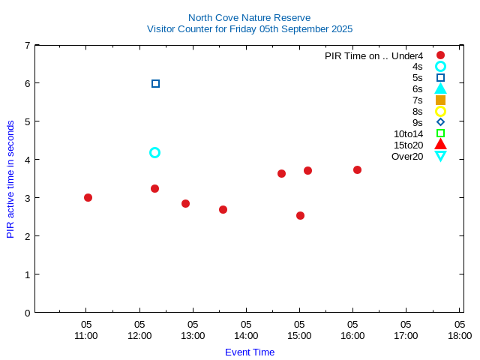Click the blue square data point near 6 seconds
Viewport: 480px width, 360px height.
(x=155, y=83)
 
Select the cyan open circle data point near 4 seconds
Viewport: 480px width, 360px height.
(x=154, y=152)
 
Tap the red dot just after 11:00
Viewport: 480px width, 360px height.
(x=88, y=197)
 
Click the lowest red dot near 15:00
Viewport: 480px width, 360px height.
(x=300, y=215)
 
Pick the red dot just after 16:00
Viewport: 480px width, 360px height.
(x=357, y=169)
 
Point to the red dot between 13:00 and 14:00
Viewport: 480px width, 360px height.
(x=223, y=209)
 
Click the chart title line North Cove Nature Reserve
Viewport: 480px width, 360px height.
(x=249, y=18)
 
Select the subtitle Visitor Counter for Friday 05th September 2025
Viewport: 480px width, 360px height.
(x=249, y=29)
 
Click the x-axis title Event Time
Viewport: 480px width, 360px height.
(x=249, y=352)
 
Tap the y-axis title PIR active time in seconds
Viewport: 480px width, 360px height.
(x=10, y=178)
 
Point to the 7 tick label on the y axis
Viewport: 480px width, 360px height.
(x=27, y=45)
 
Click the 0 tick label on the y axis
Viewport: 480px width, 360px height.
(x=27, y=312)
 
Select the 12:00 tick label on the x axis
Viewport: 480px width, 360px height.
(x=139, y=335)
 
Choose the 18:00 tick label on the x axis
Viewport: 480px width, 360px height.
(x=459, y=335)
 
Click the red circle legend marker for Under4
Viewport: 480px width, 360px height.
(x=440, y=55)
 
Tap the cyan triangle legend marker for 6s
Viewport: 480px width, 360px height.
(x=440, y=88)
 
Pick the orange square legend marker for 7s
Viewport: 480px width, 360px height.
(x=440, y=100)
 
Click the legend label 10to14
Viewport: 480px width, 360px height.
(x=408, y=133)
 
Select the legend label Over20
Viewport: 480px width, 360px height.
(x=407, y=156)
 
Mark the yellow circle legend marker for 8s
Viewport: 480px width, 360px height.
(x=440, y=111)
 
